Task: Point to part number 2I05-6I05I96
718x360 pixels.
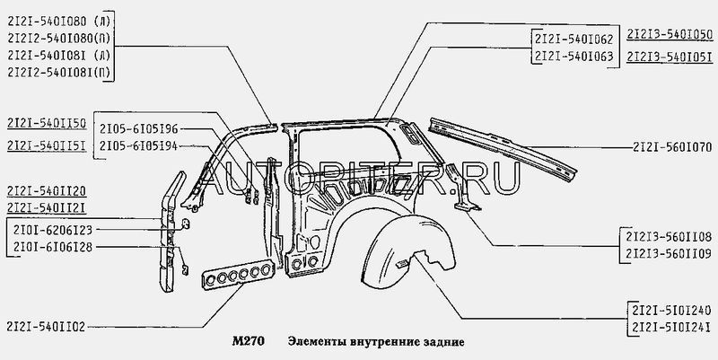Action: coord(138,127)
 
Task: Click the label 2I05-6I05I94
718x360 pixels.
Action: coord(138,146)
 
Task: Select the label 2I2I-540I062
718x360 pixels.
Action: coord(572,39)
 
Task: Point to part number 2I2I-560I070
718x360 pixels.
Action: coord(671,145)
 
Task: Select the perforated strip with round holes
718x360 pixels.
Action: coord(237,276)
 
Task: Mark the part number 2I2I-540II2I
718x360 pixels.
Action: coord(46,207)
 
